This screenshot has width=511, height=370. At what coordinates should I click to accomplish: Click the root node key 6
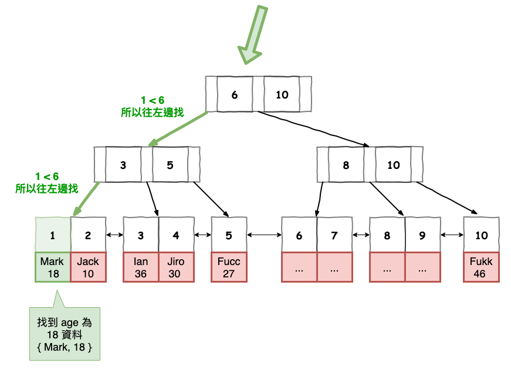click(235, 94)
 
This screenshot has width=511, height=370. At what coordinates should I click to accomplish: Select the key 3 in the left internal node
click(123, 165)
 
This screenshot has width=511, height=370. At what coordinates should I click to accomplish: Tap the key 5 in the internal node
click(170, 165)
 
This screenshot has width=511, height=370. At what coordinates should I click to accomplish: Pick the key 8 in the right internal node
click(346, 165)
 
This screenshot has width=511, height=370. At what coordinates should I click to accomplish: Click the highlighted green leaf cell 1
click(53, 235)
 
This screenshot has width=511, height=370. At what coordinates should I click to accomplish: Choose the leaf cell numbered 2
click(88, 235)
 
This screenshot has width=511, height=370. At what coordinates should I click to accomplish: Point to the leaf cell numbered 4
click(176, 235)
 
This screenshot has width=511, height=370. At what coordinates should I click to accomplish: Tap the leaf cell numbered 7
click(334, 235)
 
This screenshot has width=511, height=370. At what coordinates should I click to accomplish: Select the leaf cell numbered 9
click(422, 235)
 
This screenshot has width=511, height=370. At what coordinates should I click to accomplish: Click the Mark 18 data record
click(53, 267)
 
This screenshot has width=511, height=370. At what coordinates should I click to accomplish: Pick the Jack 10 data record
click(88, 267)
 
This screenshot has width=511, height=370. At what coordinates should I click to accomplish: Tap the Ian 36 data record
click(141, 267)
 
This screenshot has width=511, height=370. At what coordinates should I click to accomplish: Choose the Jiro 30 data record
click(176, 267)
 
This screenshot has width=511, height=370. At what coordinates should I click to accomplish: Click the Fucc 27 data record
click(229, 267)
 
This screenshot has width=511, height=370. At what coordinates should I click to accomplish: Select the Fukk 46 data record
click(481, 267)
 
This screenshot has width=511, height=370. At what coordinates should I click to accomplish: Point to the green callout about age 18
click(65, 334)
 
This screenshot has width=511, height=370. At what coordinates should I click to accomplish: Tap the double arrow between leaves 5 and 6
click(264, 235)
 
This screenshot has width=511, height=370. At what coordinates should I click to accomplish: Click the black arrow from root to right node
click(317, 129)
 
